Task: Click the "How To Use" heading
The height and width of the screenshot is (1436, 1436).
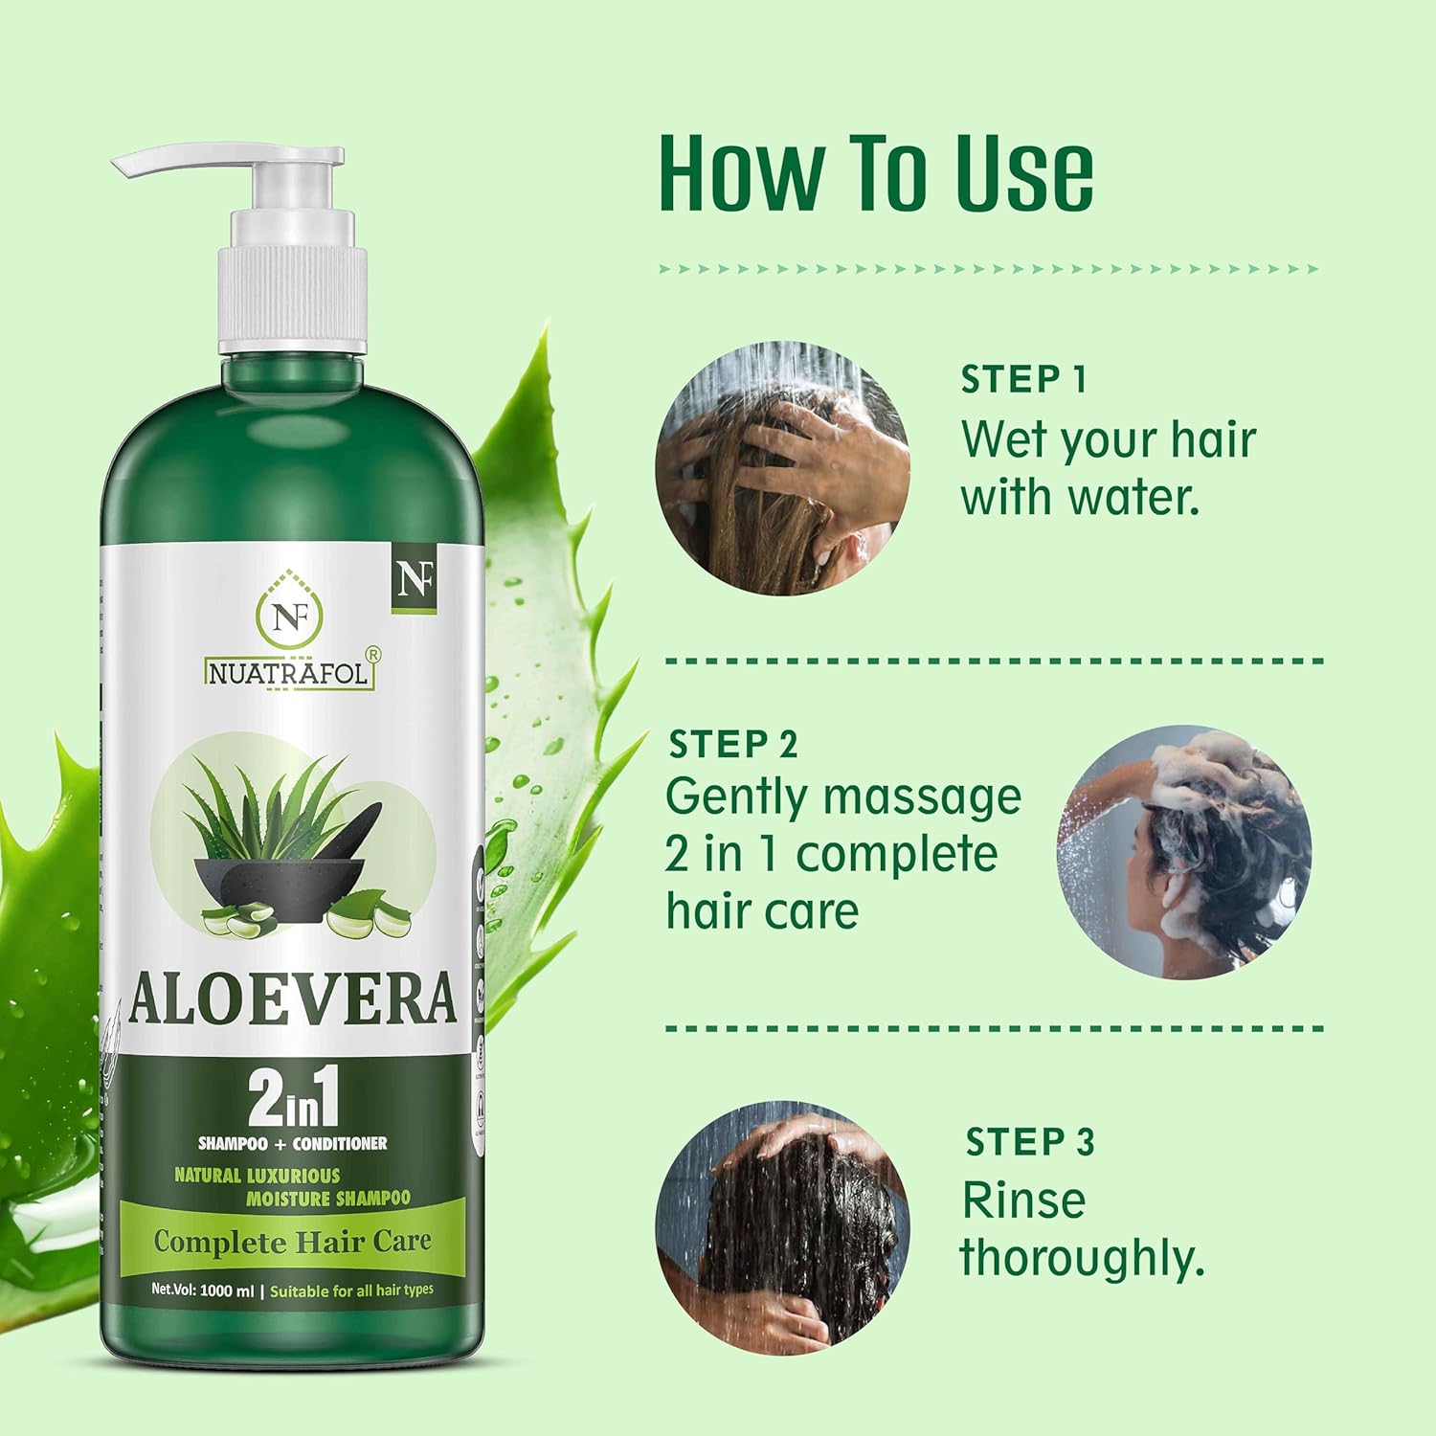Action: point(876,174)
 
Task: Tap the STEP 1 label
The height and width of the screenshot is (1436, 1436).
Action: point(1023,379)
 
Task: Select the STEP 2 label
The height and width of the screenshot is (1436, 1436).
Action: point(732,744)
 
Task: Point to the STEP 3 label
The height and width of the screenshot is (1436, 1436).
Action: point(1029,1141)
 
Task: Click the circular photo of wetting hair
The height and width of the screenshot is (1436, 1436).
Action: point(782,469)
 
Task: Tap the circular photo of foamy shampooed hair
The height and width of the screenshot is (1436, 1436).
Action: point(1184,851)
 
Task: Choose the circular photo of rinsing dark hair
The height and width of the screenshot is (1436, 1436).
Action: point(782,1226)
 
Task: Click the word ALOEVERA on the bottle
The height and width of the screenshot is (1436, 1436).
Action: point(291,998)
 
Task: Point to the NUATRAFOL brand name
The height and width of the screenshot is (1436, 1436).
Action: point(288,673)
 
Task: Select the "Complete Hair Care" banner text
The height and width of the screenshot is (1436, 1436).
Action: point(292,1242)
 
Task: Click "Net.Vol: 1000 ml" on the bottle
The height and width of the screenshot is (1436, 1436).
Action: point(202,1290)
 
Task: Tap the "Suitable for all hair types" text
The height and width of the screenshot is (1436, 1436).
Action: point(351,1290)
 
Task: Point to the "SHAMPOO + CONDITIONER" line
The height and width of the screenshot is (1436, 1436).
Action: point(292,1143)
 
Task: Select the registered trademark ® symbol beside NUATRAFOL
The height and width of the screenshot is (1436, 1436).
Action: point(373,653)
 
